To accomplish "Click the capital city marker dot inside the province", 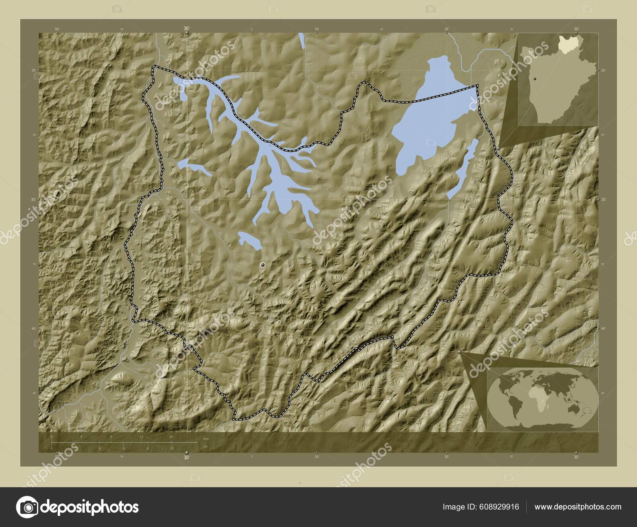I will [x=262, y=265].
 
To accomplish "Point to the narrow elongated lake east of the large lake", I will [x=462, y=167].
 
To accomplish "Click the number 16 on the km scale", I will [x=171, y=437].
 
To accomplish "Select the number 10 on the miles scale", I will [x=172, y=449].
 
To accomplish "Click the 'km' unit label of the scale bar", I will [x=206, y=438].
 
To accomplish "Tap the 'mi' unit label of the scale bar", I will [x=205, y=447].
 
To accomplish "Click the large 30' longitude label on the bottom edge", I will [x=186, y=458].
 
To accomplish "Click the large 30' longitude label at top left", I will [x=186, y=28].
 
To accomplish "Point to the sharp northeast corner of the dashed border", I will [x=477, y=85].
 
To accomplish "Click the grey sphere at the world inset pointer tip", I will [x=460, y=352].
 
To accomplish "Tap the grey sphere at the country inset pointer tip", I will [x=498, y=148].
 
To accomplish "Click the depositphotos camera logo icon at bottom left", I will [x=27, y=507].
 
